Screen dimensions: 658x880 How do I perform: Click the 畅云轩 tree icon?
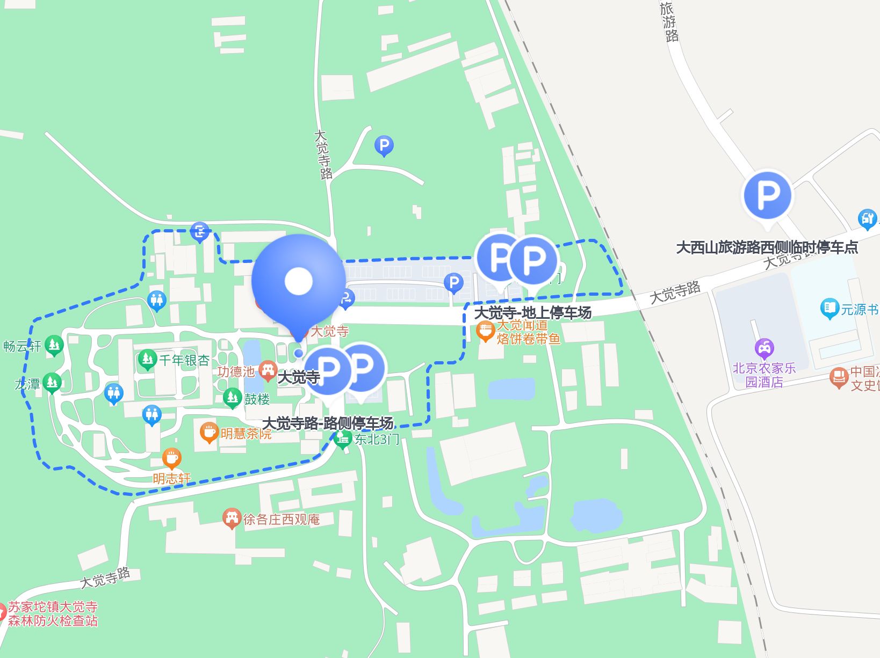[54, 345]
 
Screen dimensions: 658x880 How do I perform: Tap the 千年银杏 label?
[184, 360]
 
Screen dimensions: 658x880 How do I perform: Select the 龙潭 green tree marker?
[52, 383]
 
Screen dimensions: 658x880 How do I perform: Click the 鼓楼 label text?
[257, 399]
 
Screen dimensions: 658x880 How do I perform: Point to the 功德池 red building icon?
[267, 370]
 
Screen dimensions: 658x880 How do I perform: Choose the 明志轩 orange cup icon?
[171, 458]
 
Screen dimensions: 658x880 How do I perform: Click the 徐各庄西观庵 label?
[281, 519]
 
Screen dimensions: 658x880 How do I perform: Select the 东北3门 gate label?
[376, 440]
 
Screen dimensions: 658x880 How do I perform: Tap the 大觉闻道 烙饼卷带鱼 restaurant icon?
[485, 331]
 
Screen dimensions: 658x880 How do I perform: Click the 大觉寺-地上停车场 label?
[532, 312]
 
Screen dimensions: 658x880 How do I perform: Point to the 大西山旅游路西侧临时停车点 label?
[767, 247]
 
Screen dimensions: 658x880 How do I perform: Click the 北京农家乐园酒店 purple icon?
[764, 349]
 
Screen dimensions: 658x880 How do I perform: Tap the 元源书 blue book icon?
[829, 309]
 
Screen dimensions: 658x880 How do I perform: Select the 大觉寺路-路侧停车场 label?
[328, 423]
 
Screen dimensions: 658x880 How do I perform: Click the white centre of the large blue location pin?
[298, 281]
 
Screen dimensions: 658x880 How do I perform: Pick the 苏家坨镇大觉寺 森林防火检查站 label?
[53, 613]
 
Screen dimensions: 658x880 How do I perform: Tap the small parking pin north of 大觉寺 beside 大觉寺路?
[384, 145]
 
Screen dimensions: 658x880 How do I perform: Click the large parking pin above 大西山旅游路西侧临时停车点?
[767, 195]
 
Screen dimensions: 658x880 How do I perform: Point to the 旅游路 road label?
[669, 22]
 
